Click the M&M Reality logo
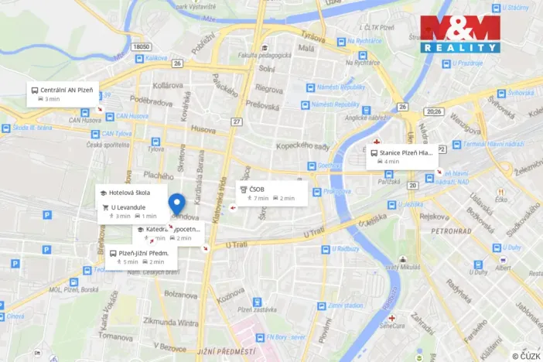460,34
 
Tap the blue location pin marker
177,204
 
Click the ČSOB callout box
271,193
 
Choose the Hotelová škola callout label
128,193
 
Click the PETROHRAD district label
451,231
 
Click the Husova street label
203,130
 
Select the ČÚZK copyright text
526,356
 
